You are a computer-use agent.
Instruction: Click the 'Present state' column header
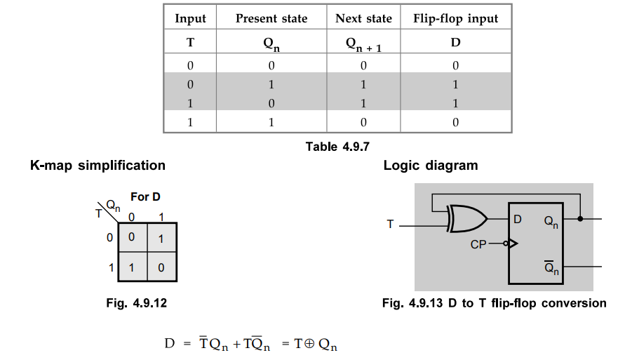[271, 18]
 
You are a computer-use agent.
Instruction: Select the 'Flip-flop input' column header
[455, 18]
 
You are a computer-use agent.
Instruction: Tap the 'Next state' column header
[363, 18]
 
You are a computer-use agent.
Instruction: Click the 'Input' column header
[190, 18]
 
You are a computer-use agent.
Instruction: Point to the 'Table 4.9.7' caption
[337, 146]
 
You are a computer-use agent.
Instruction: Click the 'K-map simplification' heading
[98, 166]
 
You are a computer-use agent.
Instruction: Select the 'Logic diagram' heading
[430, 166]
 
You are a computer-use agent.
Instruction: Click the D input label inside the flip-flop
[517, 219]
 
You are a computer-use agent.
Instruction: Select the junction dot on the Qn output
[580, 219]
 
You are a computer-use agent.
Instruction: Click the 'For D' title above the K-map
[145, 197]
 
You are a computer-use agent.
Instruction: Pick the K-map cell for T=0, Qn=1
[161, 238]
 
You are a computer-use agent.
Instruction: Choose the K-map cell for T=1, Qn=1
[161, 267]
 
